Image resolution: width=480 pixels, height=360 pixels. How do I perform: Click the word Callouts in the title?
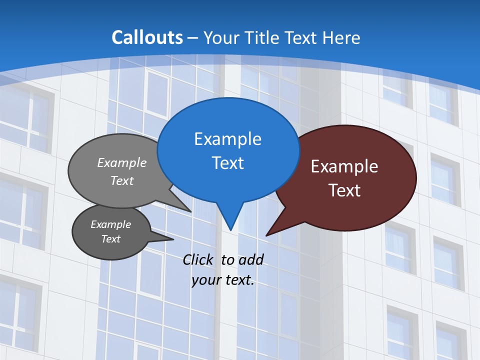[147, 38]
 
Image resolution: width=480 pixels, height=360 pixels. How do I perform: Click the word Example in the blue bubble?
[227, 139]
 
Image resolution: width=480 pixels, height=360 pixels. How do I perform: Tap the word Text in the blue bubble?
[227, 163]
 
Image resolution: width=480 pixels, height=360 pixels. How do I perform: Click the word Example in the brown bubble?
[344, 166]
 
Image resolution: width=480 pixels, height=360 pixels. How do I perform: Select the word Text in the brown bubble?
[344, 190]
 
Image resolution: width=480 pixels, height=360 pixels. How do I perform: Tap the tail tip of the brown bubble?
[267, 235]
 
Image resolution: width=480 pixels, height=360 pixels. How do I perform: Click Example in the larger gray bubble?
[122, 163]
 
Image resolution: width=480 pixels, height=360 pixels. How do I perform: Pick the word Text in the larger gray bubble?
[122, 180]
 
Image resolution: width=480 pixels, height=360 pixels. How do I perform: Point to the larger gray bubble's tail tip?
[190, 211]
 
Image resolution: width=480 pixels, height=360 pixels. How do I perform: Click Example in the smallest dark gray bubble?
[110, 224]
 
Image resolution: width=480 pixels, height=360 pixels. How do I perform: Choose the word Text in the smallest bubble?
[110, 239]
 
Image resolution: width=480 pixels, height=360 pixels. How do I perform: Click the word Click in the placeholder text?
[197, 259]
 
